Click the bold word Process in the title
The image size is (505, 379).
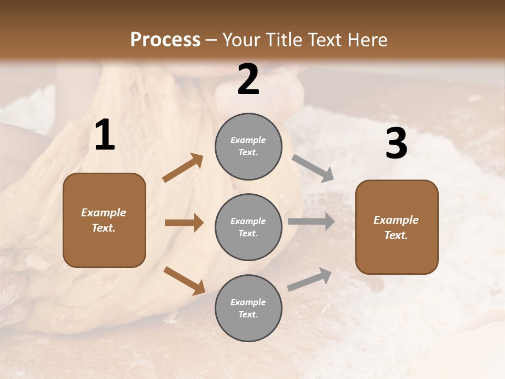coord(165,40)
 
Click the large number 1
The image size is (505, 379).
coord(105,135)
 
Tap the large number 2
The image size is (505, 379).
coord(248,79)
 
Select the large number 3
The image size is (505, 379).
coord(396,144)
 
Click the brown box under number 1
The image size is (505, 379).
coord(104,220)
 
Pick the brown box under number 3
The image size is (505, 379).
coord(397,227)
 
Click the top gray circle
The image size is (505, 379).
coord(248,146)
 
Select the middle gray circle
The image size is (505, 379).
coord(248,227)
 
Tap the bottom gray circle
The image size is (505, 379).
coord(248,308)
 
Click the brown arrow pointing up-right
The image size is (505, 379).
coord(183,168)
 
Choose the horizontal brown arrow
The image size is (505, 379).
coord(184,223)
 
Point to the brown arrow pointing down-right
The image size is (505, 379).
coord(184,280)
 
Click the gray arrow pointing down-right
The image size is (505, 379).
coord(312,168)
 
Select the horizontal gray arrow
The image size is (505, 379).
coord(311,221)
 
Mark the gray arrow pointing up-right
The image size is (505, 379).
coord(309,280)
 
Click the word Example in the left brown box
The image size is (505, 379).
coord(104,213)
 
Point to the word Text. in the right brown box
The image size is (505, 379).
coord(396,235)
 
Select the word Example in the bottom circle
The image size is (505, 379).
coord(248,302)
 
